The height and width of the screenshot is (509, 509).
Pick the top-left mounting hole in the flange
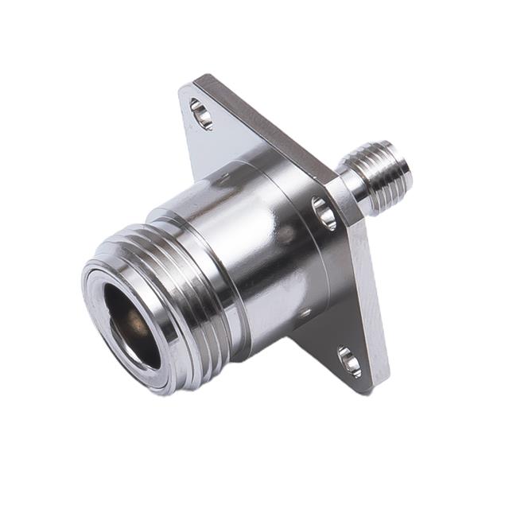point(201,114)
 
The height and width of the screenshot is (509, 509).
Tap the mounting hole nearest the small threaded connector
point(324,213)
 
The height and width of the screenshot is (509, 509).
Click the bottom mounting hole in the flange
point(349,362)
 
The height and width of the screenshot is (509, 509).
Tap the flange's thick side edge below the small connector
point(374,302)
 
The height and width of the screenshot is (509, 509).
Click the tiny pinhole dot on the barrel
point(304,313)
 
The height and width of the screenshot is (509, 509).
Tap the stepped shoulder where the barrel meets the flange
point(310,262)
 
